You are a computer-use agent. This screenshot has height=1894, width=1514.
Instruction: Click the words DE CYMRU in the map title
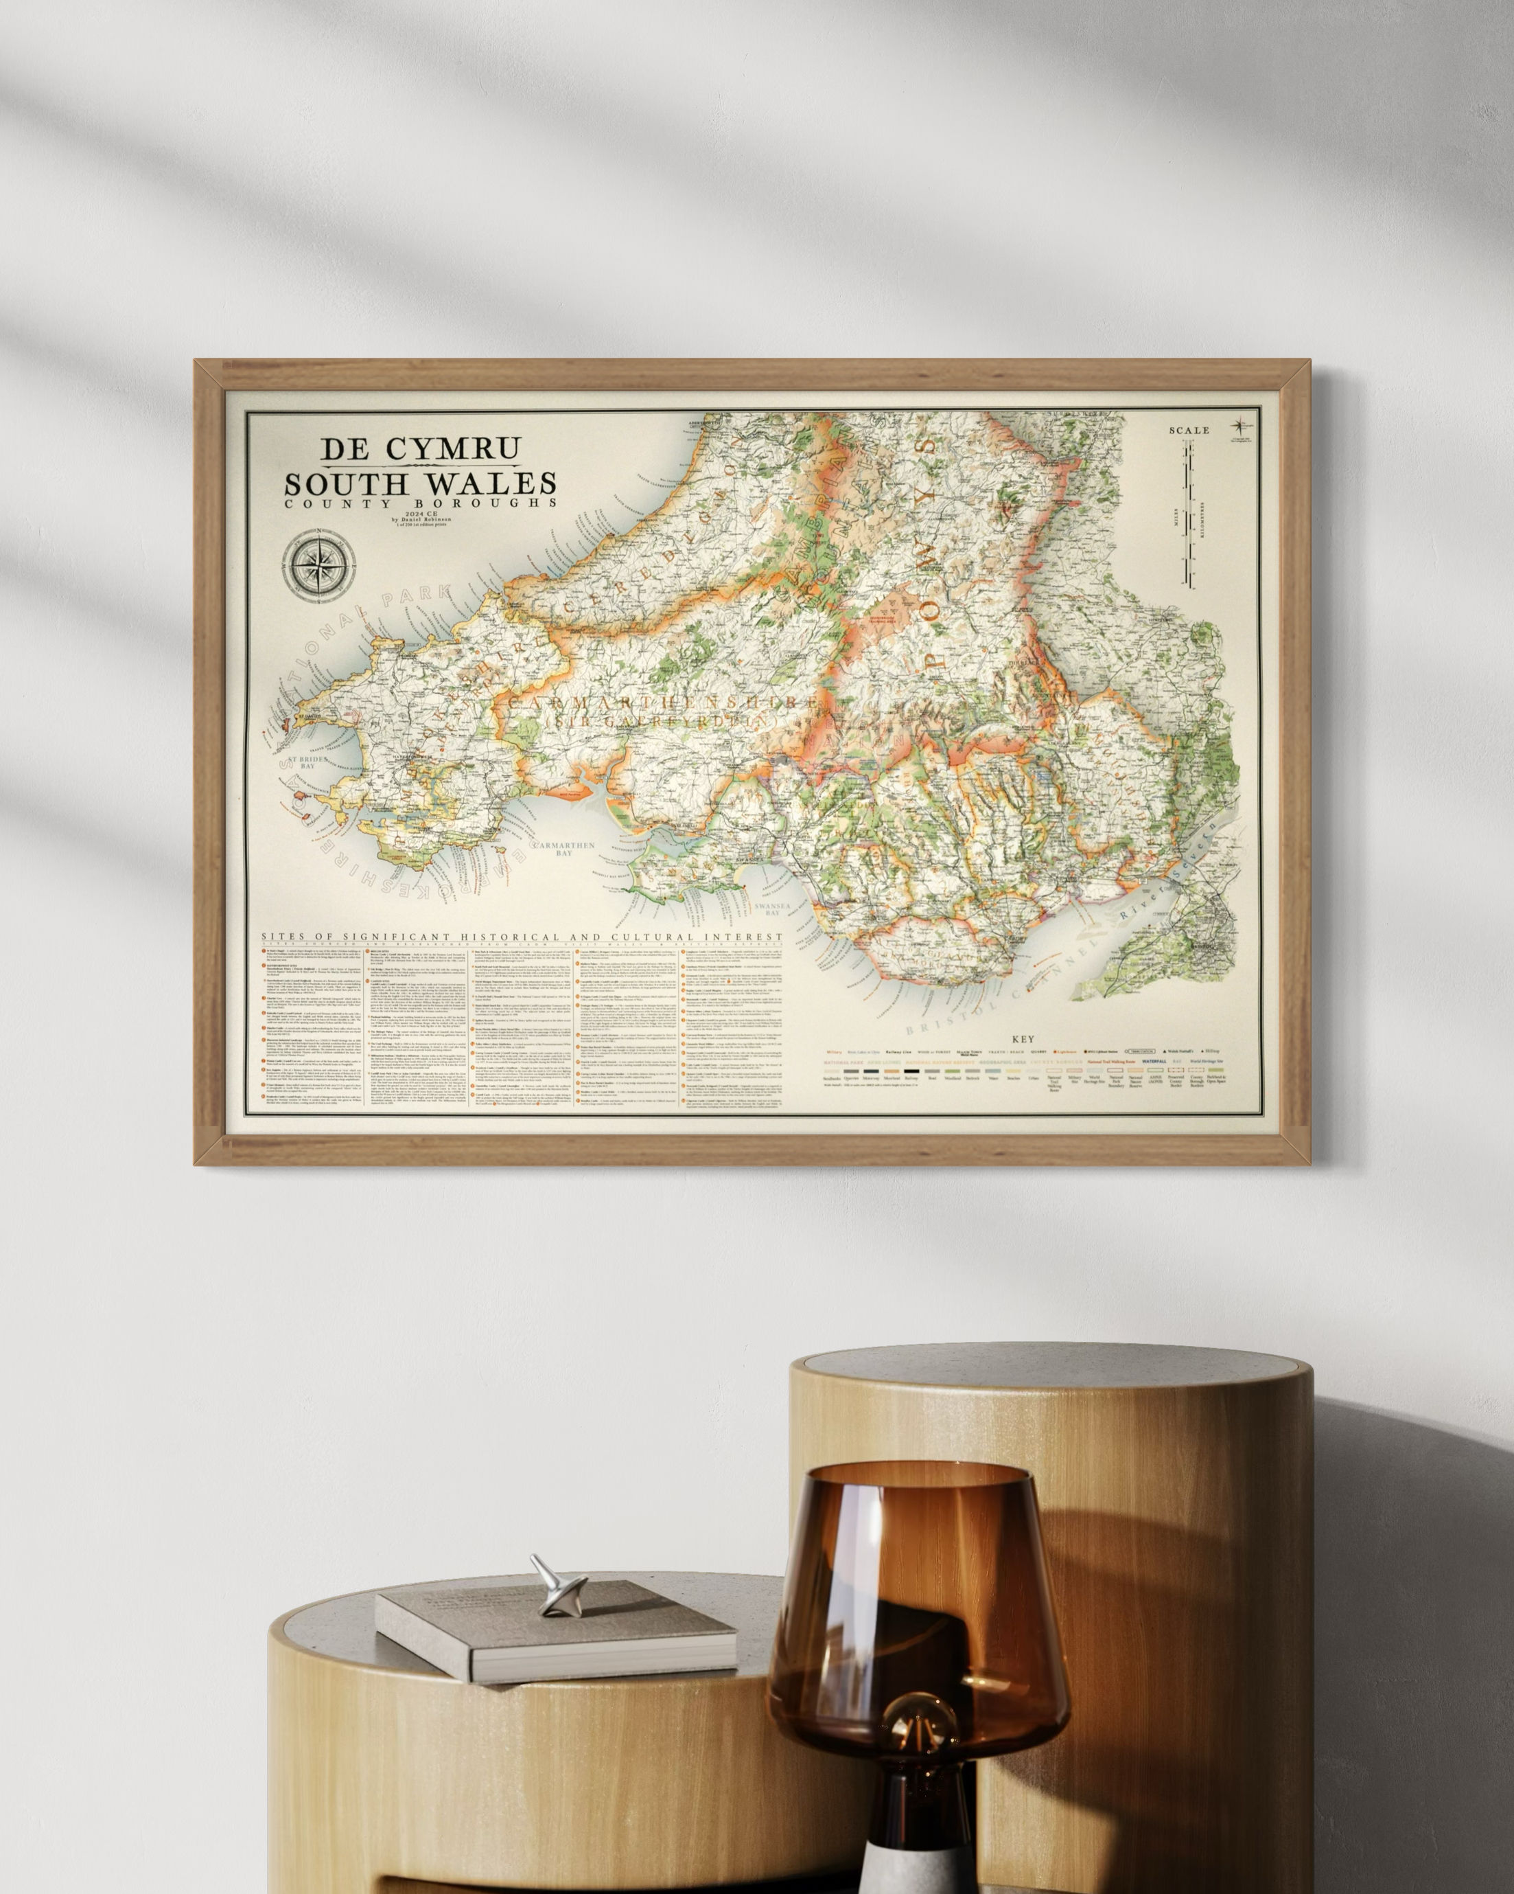click(420, 449)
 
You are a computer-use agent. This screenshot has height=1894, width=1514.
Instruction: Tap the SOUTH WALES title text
click(420, 483)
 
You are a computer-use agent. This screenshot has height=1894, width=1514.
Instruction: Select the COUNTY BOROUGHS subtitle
click(420, 503)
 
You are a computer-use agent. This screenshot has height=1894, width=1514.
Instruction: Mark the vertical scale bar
click(1188, 513)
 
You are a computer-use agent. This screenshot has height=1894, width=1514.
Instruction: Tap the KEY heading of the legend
click(1023, 1039)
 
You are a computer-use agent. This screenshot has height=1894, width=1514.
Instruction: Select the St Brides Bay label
click(308, 762)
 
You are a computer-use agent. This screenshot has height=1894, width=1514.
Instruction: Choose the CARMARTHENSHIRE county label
click(654, 703)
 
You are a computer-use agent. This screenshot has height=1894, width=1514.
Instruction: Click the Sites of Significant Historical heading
click(521, 938)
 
